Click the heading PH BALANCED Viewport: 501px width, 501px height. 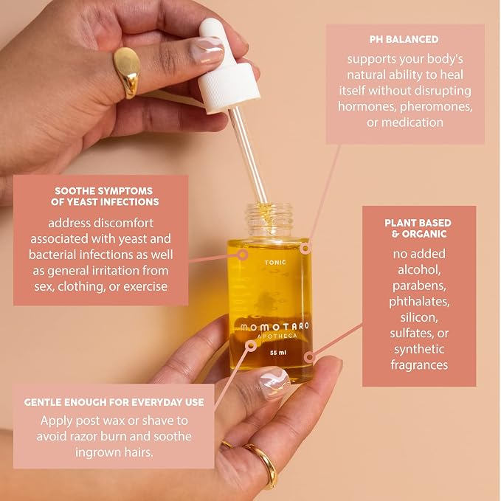point(404,39)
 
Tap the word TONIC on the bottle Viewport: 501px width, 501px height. point(275,263)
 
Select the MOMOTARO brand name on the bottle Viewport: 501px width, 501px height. point(274,327)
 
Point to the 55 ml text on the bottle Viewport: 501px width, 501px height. point(278,353)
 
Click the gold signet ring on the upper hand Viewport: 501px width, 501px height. point(127,72)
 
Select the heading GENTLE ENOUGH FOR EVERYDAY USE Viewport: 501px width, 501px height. point(114,402)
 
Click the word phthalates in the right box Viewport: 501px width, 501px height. point(419,302)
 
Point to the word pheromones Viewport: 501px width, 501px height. point(436,106)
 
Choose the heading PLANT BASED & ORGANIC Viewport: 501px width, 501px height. point(418,228)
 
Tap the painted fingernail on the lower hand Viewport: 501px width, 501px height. point(274,383)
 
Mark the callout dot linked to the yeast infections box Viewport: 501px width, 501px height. point(243,255)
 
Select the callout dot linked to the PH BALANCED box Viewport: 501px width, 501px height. point(305,248)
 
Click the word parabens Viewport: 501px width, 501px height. point(419,286)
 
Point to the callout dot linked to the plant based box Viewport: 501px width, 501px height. point(309,357)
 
